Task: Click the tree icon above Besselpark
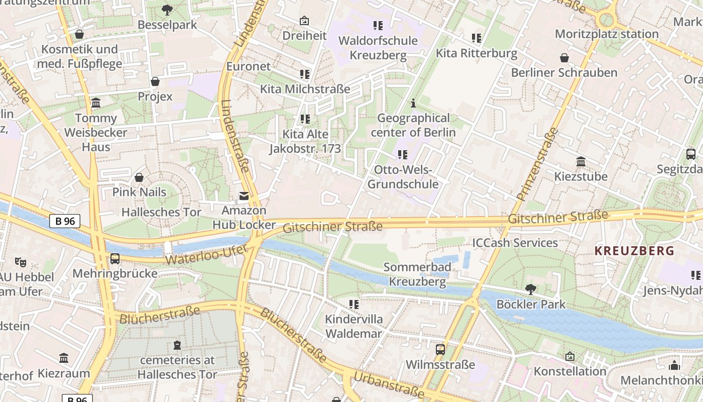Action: coord(167,10)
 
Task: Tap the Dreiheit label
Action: coord(304,36)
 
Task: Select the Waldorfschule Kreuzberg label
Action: coord(378,48)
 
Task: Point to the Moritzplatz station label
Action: coord(606,34)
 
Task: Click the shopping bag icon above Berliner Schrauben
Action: coord(564,58)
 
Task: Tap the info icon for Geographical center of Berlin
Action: coord(413,104)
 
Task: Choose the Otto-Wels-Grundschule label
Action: coord(403,177)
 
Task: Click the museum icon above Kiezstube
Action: coord(581,162)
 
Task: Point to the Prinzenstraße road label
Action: coord(537,164)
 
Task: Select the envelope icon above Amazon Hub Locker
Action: coord(244,196)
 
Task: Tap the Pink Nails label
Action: coord(139,192)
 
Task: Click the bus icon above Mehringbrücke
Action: coord(115,259)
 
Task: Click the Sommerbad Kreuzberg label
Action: coord(417,274)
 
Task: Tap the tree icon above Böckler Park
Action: coord(530,289)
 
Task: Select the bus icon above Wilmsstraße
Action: coord(440,349)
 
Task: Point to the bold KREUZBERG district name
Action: coord(634,251)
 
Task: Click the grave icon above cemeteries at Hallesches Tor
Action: coord(177,345)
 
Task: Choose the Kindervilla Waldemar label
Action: coord(354,326)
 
